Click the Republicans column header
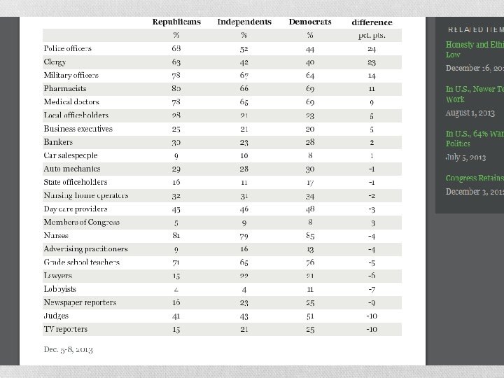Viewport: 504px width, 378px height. [x=176, y=22]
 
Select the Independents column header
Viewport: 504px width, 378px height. [x=244, y=22]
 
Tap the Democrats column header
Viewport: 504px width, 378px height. [x=310, y=22]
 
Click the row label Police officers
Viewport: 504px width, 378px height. [x=68, y=49]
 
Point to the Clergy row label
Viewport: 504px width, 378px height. [x=55, y=62]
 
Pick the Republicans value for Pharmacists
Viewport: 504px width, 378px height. [x=176, y=89]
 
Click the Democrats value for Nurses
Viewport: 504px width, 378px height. [x=310, y=236]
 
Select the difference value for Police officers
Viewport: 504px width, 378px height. [x=372, y=49]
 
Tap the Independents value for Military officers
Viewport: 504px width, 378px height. [x=244, y=76]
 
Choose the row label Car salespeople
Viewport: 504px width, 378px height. [x=71, y=155]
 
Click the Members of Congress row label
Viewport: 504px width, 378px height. [x=82, y=223]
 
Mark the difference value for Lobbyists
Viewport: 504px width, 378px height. [x=372, y=289]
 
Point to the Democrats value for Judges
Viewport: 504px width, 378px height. [x=310, y=316]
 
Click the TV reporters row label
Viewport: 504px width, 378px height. [x=66, y=329]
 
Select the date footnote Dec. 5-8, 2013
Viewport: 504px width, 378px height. [x=68, y=349]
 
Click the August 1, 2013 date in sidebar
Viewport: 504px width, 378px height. [x=470, y=113]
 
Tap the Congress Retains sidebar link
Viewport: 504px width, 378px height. [x=475, y=178]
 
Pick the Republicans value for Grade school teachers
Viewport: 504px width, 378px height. [x=176, y=262]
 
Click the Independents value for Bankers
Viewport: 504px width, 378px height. [x=244, y=142]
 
